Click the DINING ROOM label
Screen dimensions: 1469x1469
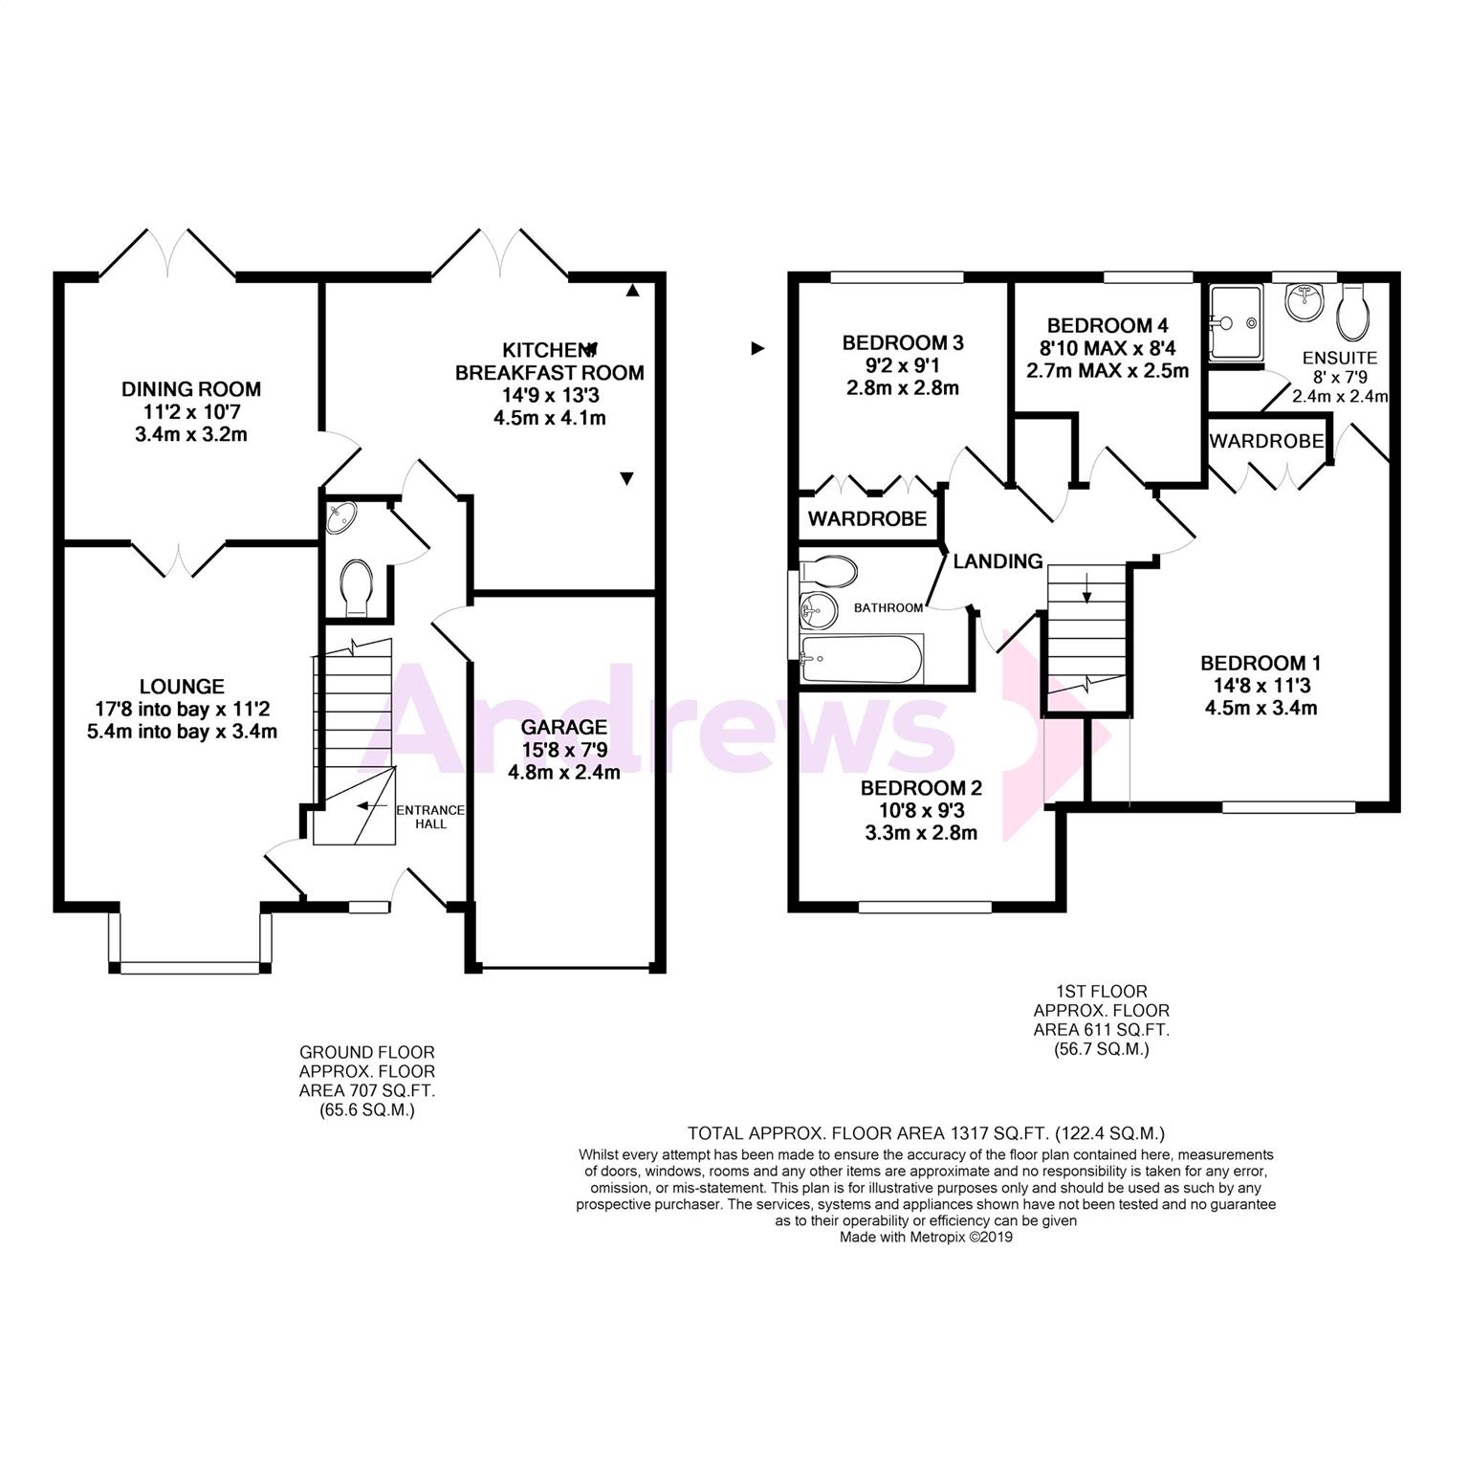coord(190,389)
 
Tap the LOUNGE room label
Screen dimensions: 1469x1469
coord(182,687)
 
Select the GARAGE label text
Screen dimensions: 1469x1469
coord(564,727)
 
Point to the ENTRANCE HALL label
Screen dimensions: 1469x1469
coord(430,817)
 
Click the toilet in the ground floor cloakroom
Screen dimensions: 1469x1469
coord(357,587)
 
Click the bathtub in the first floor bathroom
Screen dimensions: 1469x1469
coord(861,659)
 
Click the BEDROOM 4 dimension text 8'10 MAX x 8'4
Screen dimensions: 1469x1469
coord(1107,348)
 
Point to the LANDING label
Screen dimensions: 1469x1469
coord(998,561)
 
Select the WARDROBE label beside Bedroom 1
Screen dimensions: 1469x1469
coord(1266,441)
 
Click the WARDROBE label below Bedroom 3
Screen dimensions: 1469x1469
coord(867,518)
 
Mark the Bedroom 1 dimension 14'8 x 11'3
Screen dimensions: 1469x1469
coord(1261,686)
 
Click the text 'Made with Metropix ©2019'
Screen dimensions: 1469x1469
coord(926,1237)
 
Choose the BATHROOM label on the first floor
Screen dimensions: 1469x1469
coord(888,607)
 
